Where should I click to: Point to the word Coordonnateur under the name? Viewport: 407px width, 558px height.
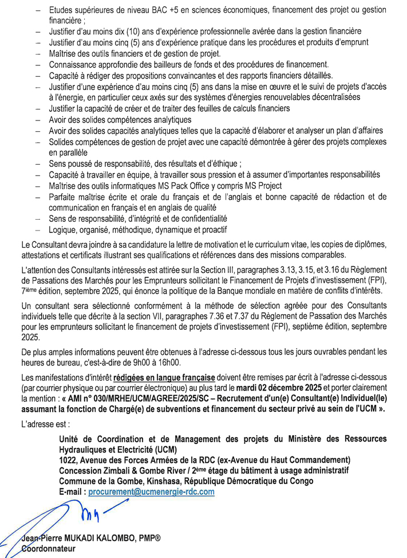(48, 549)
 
